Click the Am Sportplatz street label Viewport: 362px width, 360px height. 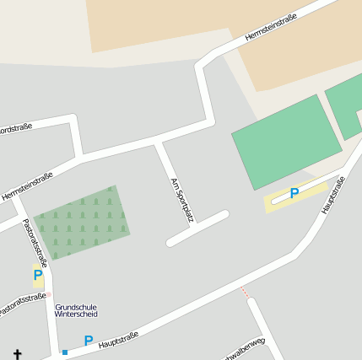[181, 200]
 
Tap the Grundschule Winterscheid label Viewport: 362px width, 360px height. [76, 311]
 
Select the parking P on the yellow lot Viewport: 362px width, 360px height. [294, 194]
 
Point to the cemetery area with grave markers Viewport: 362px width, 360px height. [82, 222]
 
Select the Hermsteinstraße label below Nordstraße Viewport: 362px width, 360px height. [27, 185]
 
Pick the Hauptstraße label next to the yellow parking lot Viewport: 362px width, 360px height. [333, 195]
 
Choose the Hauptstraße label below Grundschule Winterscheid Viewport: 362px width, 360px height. [118, 340]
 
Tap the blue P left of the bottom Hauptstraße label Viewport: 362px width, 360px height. [88, 341]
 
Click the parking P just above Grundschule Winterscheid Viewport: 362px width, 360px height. [38, 275]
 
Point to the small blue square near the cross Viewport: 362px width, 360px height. [65, 352]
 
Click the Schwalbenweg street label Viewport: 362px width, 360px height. [242, 350]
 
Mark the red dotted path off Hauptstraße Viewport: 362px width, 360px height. [245, 292]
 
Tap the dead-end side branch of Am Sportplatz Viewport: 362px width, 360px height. [198, 228]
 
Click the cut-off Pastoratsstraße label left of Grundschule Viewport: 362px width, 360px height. [22, 304]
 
